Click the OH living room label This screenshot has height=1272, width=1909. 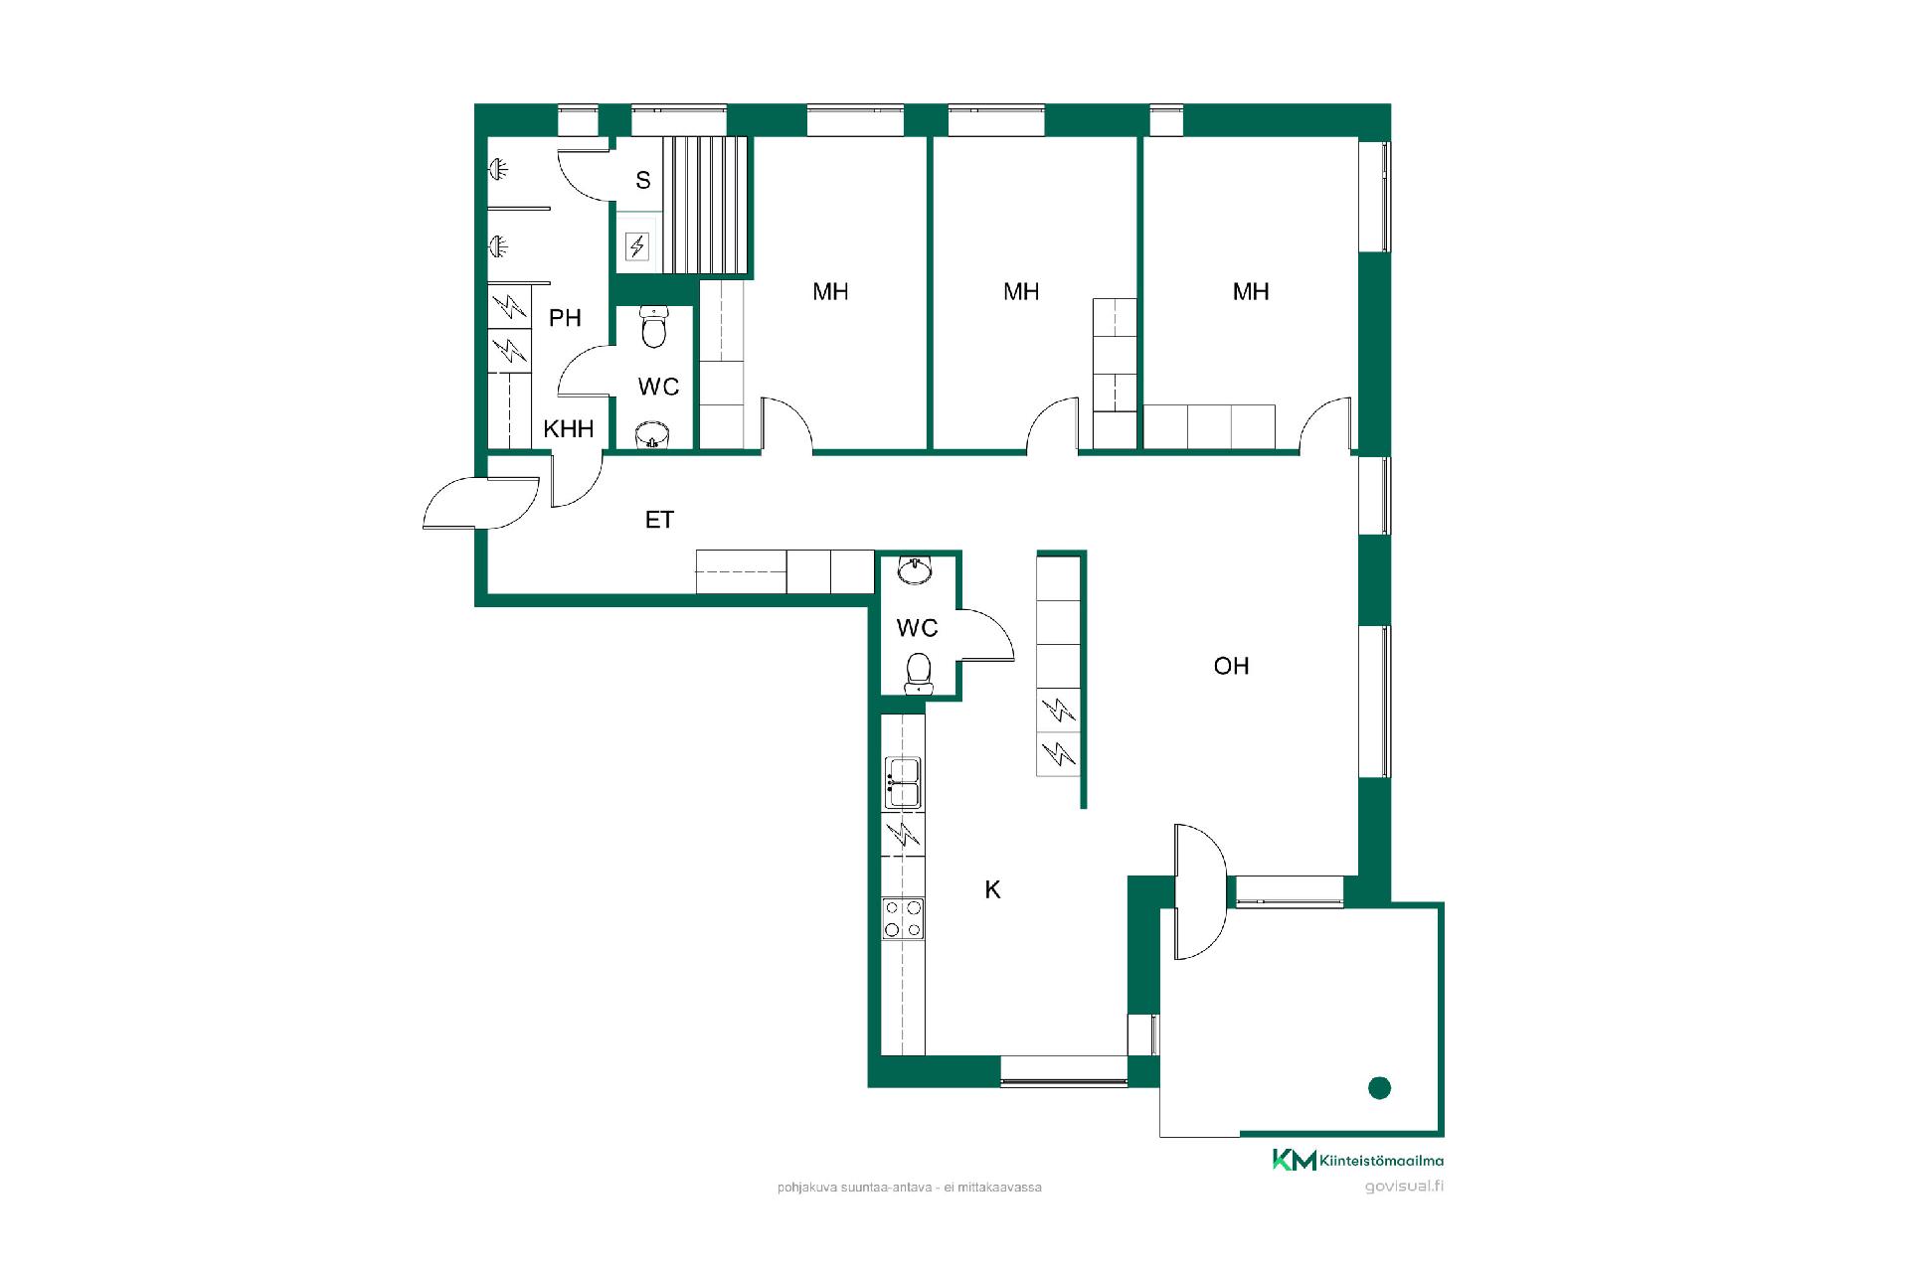coord(1231,666)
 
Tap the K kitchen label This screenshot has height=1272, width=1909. coord(992,890)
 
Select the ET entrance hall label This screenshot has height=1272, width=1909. coord(659,520)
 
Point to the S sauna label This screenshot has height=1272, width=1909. coord(643,181)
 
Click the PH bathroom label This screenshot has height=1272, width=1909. coord(565,318)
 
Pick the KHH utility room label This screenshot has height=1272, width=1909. coord(569,429)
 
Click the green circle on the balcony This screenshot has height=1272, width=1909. coord(1379,1088)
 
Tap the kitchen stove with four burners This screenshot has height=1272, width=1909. coord(903,918)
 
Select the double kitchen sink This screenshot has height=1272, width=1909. coord(903,782)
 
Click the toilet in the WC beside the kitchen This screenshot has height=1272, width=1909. coord(918,673)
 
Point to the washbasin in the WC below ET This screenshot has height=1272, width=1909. coord(915,569)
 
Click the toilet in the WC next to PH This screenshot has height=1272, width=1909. coord(653,327)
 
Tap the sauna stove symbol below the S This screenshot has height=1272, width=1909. coord(636,245)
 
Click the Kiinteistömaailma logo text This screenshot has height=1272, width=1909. coord(1382,1160)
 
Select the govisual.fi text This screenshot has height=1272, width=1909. coord(1404,1187)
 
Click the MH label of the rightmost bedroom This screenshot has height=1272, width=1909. coord(1251,292)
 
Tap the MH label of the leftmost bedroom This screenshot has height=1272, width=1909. coord(830,292)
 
